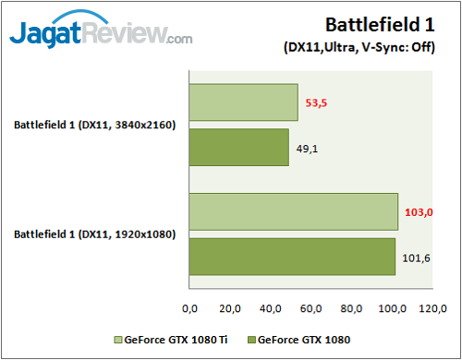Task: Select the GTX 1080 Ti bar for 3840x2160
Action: (x=244, y=102)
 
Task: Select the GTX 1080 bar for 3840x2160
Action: (x=239, y=147)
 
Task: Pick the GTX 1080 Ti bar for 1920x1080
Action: (x=293, y=212)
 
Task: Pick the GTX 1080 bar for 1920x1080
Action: (x=292, y=257)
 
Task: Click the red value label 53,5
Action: (x=318, y=103)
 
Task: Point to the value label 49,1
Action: (x=308, y=148)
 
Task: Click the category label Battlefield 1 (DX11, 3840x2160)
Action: (x=94, y=125)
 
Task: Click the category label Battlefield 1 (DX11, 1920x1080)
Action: (x=94, y=234)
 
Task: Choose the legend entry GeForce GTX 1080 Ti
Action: (x=170, y=339)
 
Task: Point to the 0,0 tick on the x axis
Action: (x=192, y=308)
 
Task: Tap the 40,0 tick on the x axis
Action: (x=272, y=308)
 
